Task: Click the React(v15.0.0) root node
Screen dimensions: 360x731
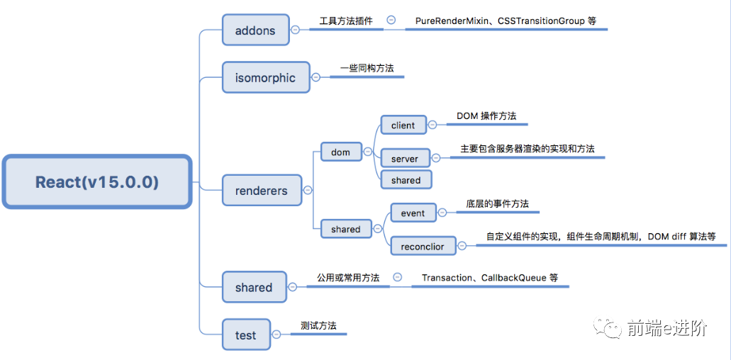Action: [x=97, y=182]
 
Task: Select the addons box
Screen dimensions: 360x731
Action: [x=255, y=30]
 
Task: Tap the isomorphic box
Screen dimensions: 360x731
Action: [x=265, y=77]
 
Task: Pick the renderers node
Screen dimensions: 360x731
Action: [x=261, y=191]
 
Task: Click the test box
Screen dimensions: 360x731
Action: [x=245, y=334]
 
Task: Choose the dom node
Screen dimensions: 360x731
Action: [x=340, y=152]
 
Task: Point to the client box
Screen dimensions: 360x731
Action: [x=403, y=125]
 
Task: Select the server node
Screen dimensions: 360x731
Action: [x=405, y=159]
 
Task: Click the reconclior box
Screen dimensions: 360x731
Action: [x=423, y=246]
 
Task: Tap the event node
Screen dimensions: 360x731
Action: [x=413, y=213]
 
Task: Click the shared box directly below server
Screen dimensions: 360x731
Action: [x=406, y=180]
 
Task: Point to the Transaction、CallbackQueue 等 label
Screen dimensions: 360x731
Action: [x=489, y=278]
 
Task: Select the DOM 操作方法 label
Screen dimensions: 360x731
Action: [x=487, y=116]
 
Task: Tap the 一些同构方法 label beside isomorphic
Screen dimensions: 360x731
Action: [x=367, y=68]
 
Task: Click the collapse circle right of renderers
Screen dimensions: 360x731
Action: [x=307, y=190]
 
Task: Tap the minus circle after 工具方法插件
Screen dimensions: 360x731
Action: [x=391, y=21]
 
